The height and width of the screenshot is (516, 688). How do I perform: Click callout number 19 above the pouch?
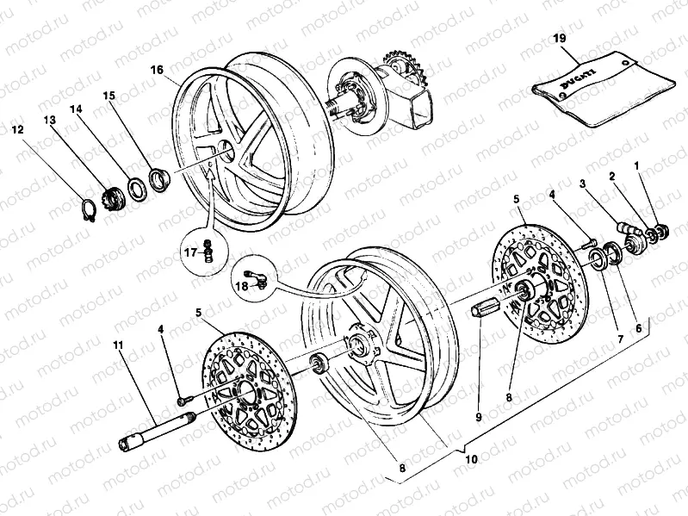[x=558, y=39]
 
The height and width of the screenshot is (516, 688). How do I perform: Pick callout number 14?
[x=77, y=110]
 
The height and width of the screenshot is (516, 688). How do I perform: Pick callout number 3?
[x=583, y=184]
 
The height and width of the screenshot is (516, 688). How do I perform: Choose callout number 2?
[x=612, y=176]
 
